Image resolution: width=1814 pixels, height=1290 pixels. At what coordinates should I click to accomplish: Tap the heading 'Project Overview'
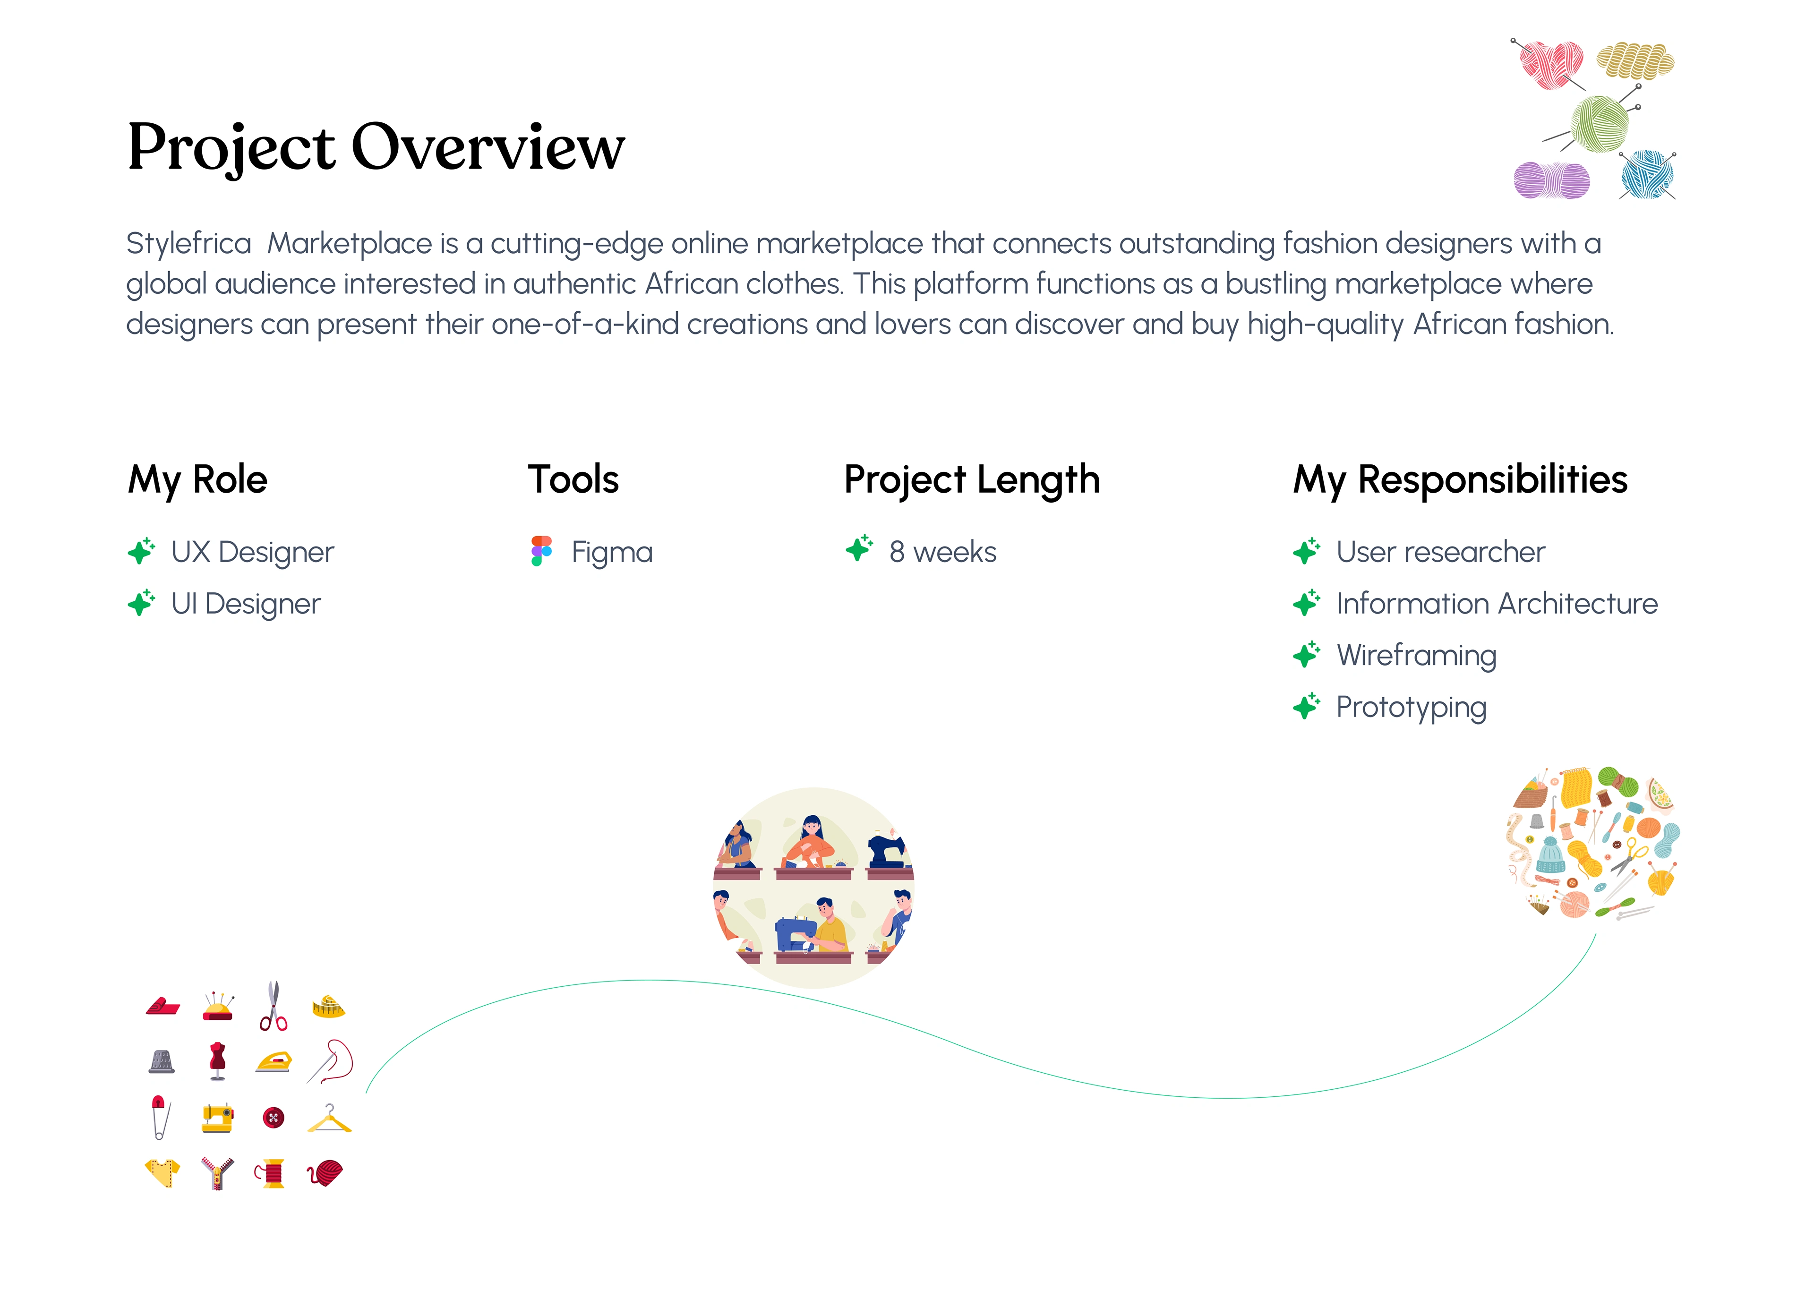376,148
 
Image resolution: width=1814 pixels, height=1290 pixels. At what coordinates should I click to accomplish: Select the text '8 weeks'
943,552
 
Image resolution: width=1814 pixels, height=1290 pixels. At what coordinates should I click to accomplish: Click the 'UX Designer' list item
253,552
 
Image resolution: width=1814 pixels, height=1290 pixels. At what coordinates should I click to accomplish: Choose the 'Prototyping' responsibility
1412,708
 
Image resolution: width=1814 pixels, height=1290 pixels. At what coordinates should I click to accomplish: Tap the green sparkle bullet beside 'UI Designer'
141,603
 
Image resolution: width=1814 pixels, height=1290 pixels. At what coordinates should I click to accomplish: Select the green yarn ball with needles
1598,123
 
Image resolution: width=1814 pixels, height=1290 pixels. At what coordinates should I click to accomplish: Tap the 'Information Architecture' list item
1497,604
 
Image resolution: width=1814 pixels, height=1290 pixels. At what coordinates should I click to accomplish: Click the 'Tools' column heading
573,480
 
